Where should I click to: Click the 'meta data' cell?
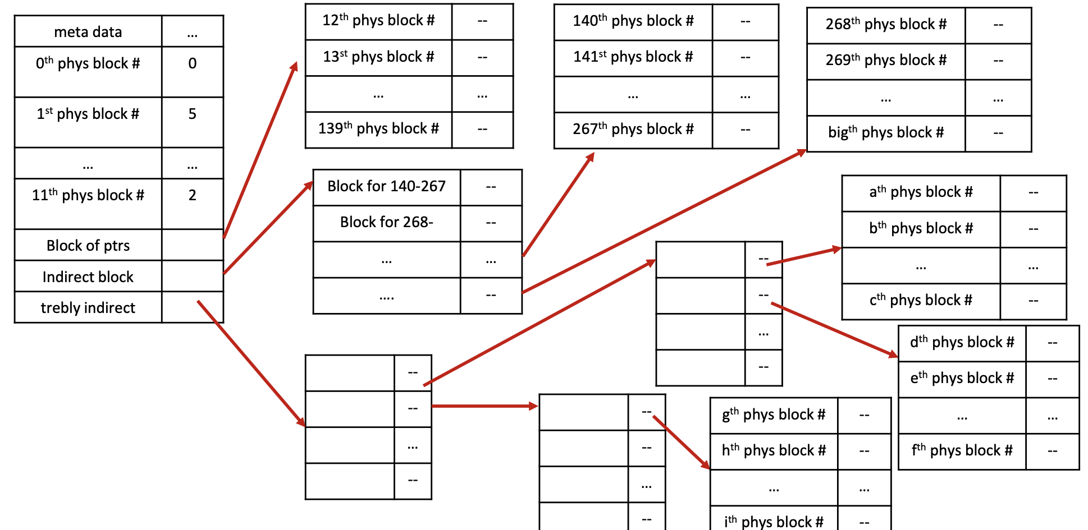pos(88,32)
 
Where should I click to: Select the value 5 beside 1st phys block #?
pos(193,114)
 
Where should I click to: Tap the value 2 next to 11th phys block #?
pos(193,195)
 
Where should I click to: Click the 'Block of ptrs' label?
pos(88,246)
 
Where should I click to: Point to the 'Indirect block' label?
pos(88,277)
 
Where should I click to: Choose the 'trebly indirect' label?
pos(88,308)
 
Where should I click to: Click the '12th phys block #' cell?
pos(378,21)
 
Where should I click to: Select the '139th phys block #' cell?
pos(378,129)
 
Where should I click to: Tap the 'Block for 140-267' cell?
pos(387,186)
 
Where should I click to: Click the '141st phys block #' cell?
pos(633,57)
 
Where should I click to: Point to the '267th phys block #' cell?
pos(633,130)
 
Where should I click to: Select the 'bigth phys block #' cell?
pos(886,133)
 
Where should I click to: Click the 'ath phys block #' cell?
pos(921,192)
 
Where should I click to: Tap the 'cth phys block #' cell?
pos(921,301)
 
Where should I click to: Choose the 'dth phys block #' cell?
pos(962,343)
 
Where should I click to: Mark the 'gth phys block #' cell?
pos(774,415)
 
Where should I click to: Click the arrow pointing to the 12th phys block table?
pos(260,150)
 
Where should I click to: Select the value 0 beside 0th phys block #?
pos(193,63)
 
